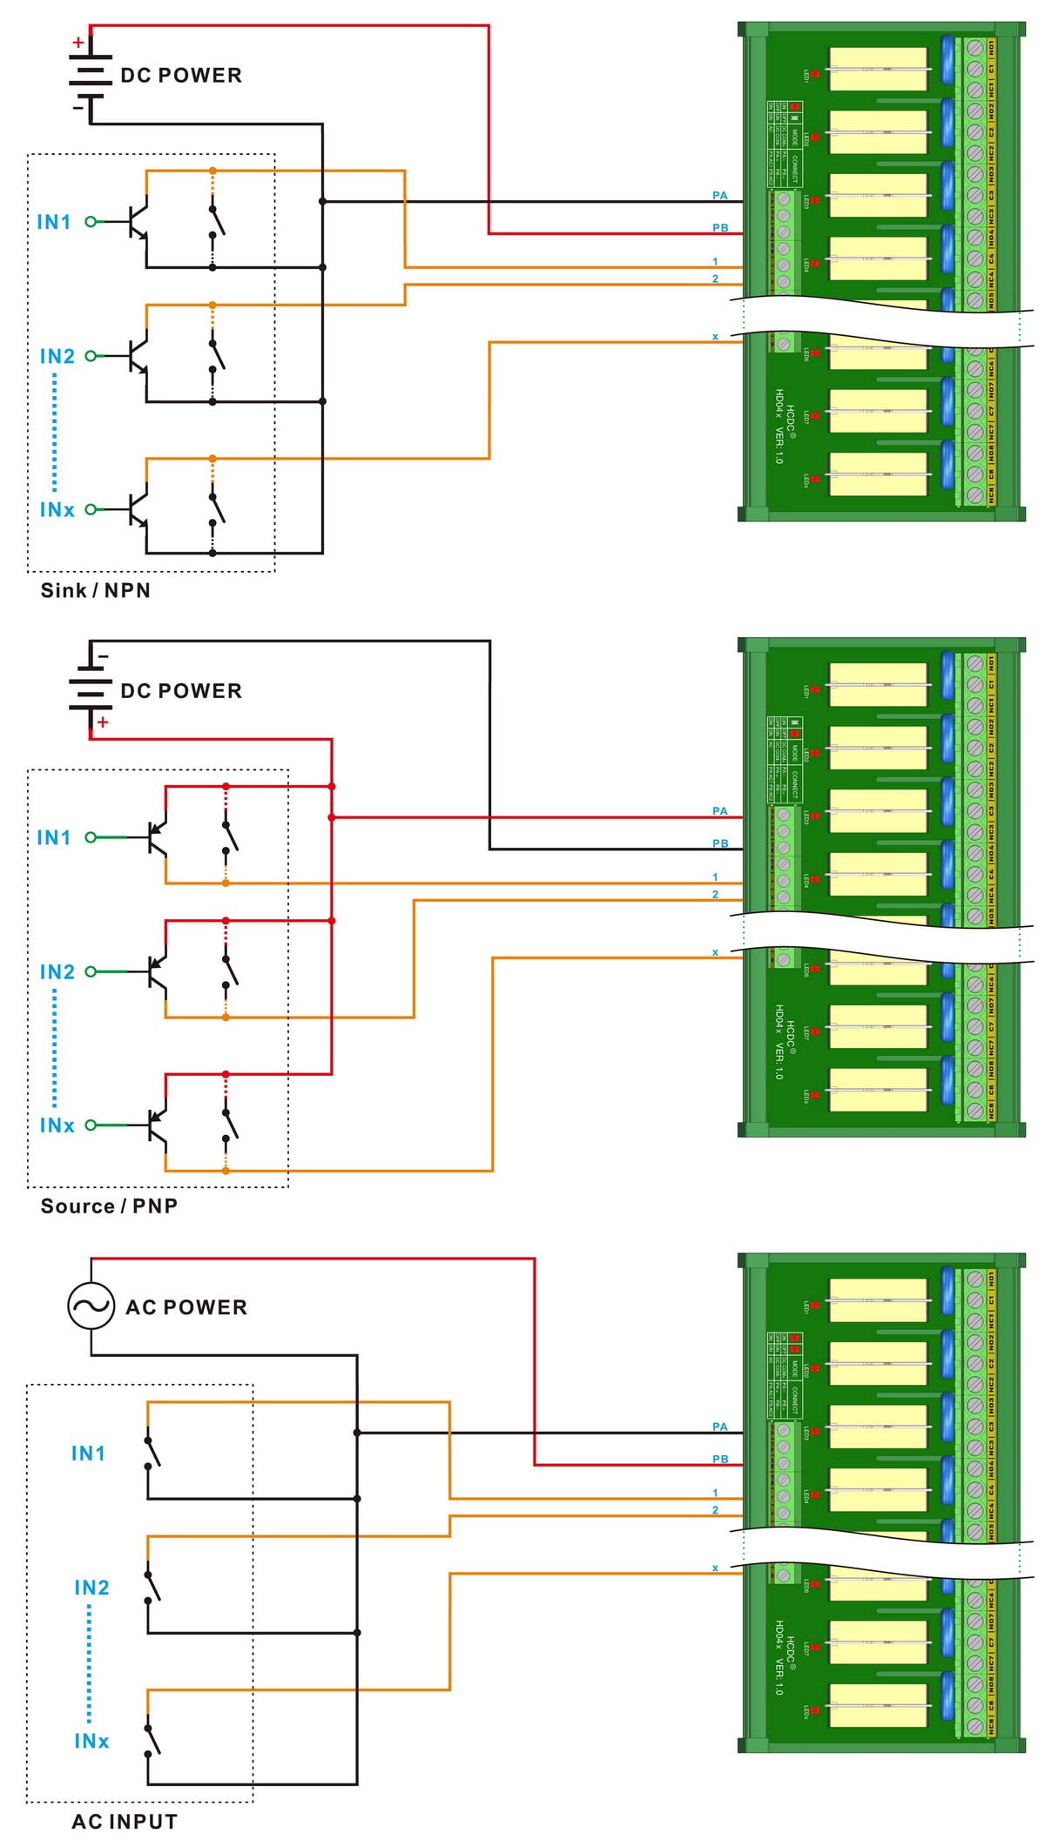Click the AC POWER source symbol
[91, 1306]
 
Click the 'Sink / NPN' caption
[96, 590]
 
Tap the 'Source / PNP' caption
[109, 1206]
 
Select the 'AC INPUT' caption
[125, 1822]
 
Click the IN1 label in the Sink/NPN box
[54, 222]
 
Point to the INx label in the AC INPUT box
[91, 1741]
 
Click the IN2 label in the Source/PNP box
[57, 971]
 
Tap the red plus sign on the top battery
[78, 42]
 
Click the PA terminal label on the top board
[719, 196]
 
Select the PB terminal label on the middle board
[719, 843]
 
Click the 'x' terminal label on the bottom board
[715, 1568]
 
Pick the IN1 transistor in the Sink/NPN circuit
[138, 221]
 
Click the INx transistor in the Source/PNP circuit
[157, 1125]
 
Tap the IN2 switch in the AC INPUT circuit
[152, 1586]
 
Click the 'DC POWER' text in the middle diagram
[181, 691]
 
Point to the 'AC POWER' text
[186, 1307]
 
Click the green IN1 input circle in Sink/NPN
[90, 222]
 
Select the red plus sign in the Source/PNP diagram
[104, 722]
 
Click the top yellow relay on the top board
[877, 70]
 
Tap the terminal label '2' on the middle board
[715, 894]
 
